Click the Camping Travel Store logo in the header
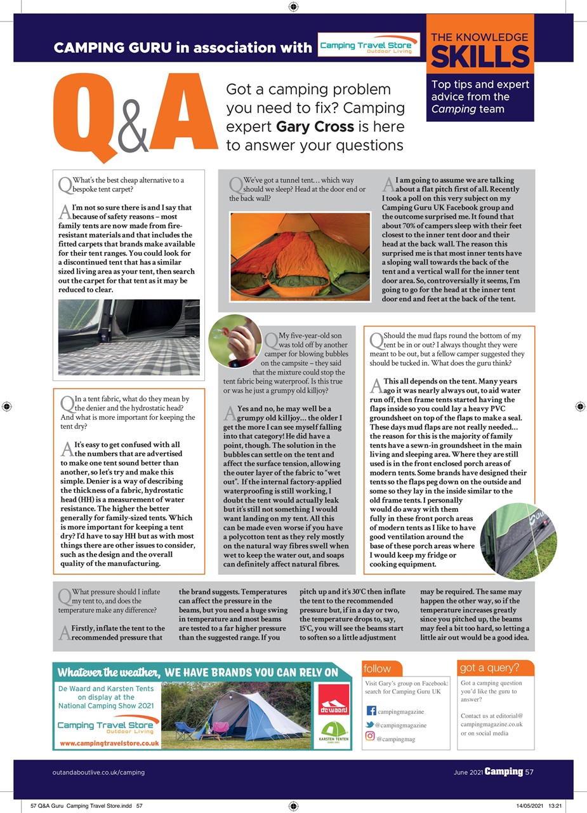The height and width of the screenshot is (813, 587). pos(369,45)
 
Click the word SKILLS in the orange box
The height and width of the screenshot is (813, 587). pos(480,57)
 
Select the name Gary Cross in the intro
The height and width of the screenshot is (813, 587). pos(315,126)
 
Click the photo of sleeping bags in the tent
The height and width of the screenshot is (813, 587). pos(300,256)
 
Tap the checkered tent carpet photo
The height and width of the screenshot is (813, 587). pos(129,337)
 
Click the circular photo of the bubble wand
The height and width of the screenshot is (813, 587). pos(235,341)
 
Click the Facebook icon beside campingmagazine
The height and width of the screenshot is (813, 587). pos(372,711)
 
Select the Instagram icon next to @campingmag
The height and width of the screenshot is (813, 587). pos(370,737)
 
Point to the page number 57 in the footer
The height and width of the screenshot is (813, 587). pos(529,772)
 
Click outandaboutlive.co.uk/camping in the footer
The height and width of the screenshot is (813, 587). pos(98,772)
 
